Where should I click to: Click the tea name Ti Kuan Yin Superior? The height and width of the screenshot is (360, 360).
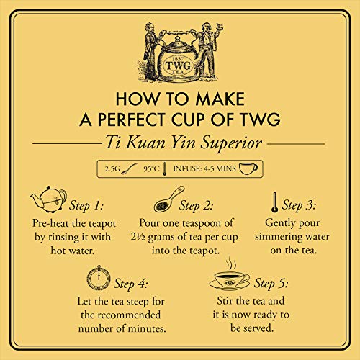pyautogui.click(x=180, y=143)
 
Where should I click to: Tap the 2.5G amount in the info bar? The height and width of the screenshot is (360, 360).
pyautogui.click(x=113, y=168)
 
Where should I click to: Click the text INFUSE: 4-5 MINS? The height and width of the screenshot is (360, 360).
pyautogui.click(x=205, y=168)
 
